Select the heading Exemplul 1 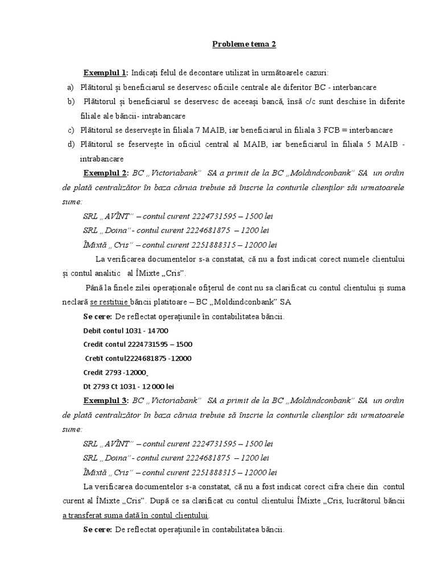[106, 73]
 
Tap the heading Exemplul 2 [106, 173]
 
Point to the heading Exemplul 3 [106, 400]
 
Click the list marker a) [70, 87]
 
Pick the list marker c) [70, 130]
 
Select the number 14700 [158, 330]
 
